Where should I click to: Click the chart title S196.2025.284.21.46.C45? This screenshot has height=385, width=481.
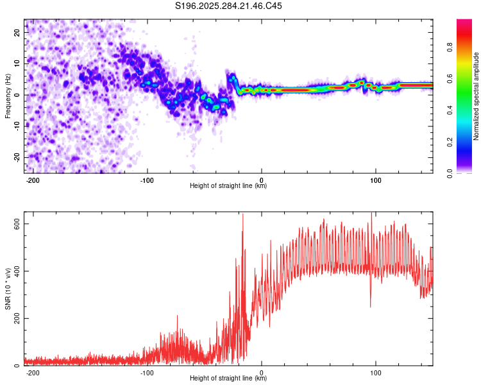[229, 6]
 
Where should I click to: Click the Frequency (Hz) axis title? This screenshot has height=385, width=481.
[8, 96]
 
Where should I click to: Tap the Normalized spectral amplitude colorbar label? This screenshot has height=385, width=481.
[477, 96]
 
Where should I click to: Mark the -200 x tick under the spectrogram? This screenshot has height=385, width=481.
[33, 180]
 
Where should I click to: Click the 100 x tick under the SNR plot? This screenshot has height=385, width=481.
[375, 372]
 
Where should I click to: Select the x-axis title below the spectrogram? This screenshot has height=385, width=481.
[228, 186]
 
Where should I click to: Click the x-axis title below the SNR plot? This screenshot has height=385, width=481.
[228, 379]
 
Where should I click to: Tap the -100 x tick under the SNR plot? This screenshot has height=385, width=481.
[147, 372]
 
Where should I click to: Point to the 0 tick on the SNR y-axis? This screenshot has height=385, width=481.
[19, 366]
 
